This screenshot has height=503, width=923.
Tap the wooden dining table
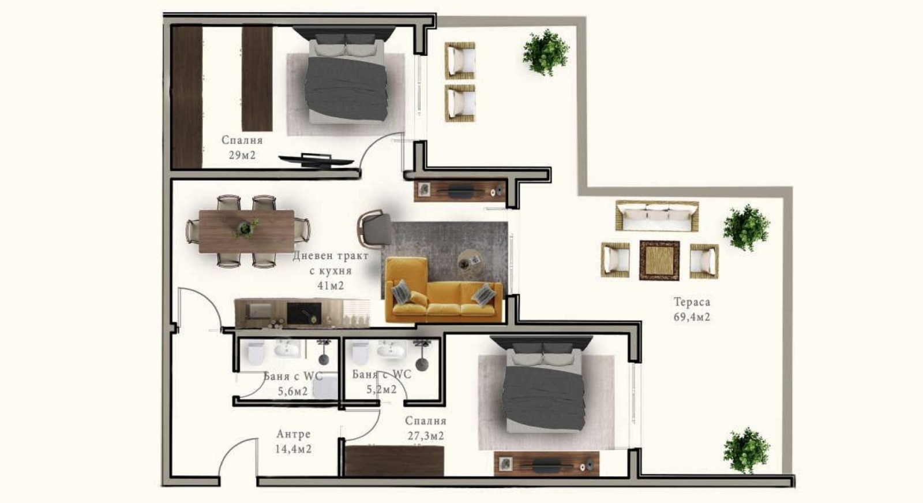coord(246,232)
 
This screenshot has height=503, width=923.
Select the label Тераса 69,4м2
coord(692,310)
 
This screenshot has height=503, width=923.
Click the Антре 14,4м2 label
coord(294,441)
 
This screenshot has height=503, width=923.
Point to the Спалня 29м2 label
coord(242,147)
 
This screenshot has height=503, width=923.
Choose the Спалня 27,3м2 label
coord(426,428)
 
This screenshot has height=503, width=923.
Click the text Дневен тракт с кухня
coord(331,263)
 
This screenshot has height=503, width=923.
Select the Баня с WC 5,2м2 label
coord(381,382)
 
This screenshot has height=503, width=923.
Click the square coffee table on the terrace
coord(659,260)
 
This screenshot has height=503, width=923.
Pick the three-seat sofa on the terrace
coord(657,216)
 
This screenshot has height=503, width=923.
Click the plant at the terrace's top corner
coord(546,53)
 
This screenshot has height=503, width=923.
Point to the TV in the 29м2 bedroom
coord(316,161)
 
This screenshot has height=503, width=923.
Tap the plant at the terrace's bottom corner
coord(746,450)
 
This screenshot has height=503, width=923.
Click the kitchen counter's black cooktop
coord(304,313)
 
